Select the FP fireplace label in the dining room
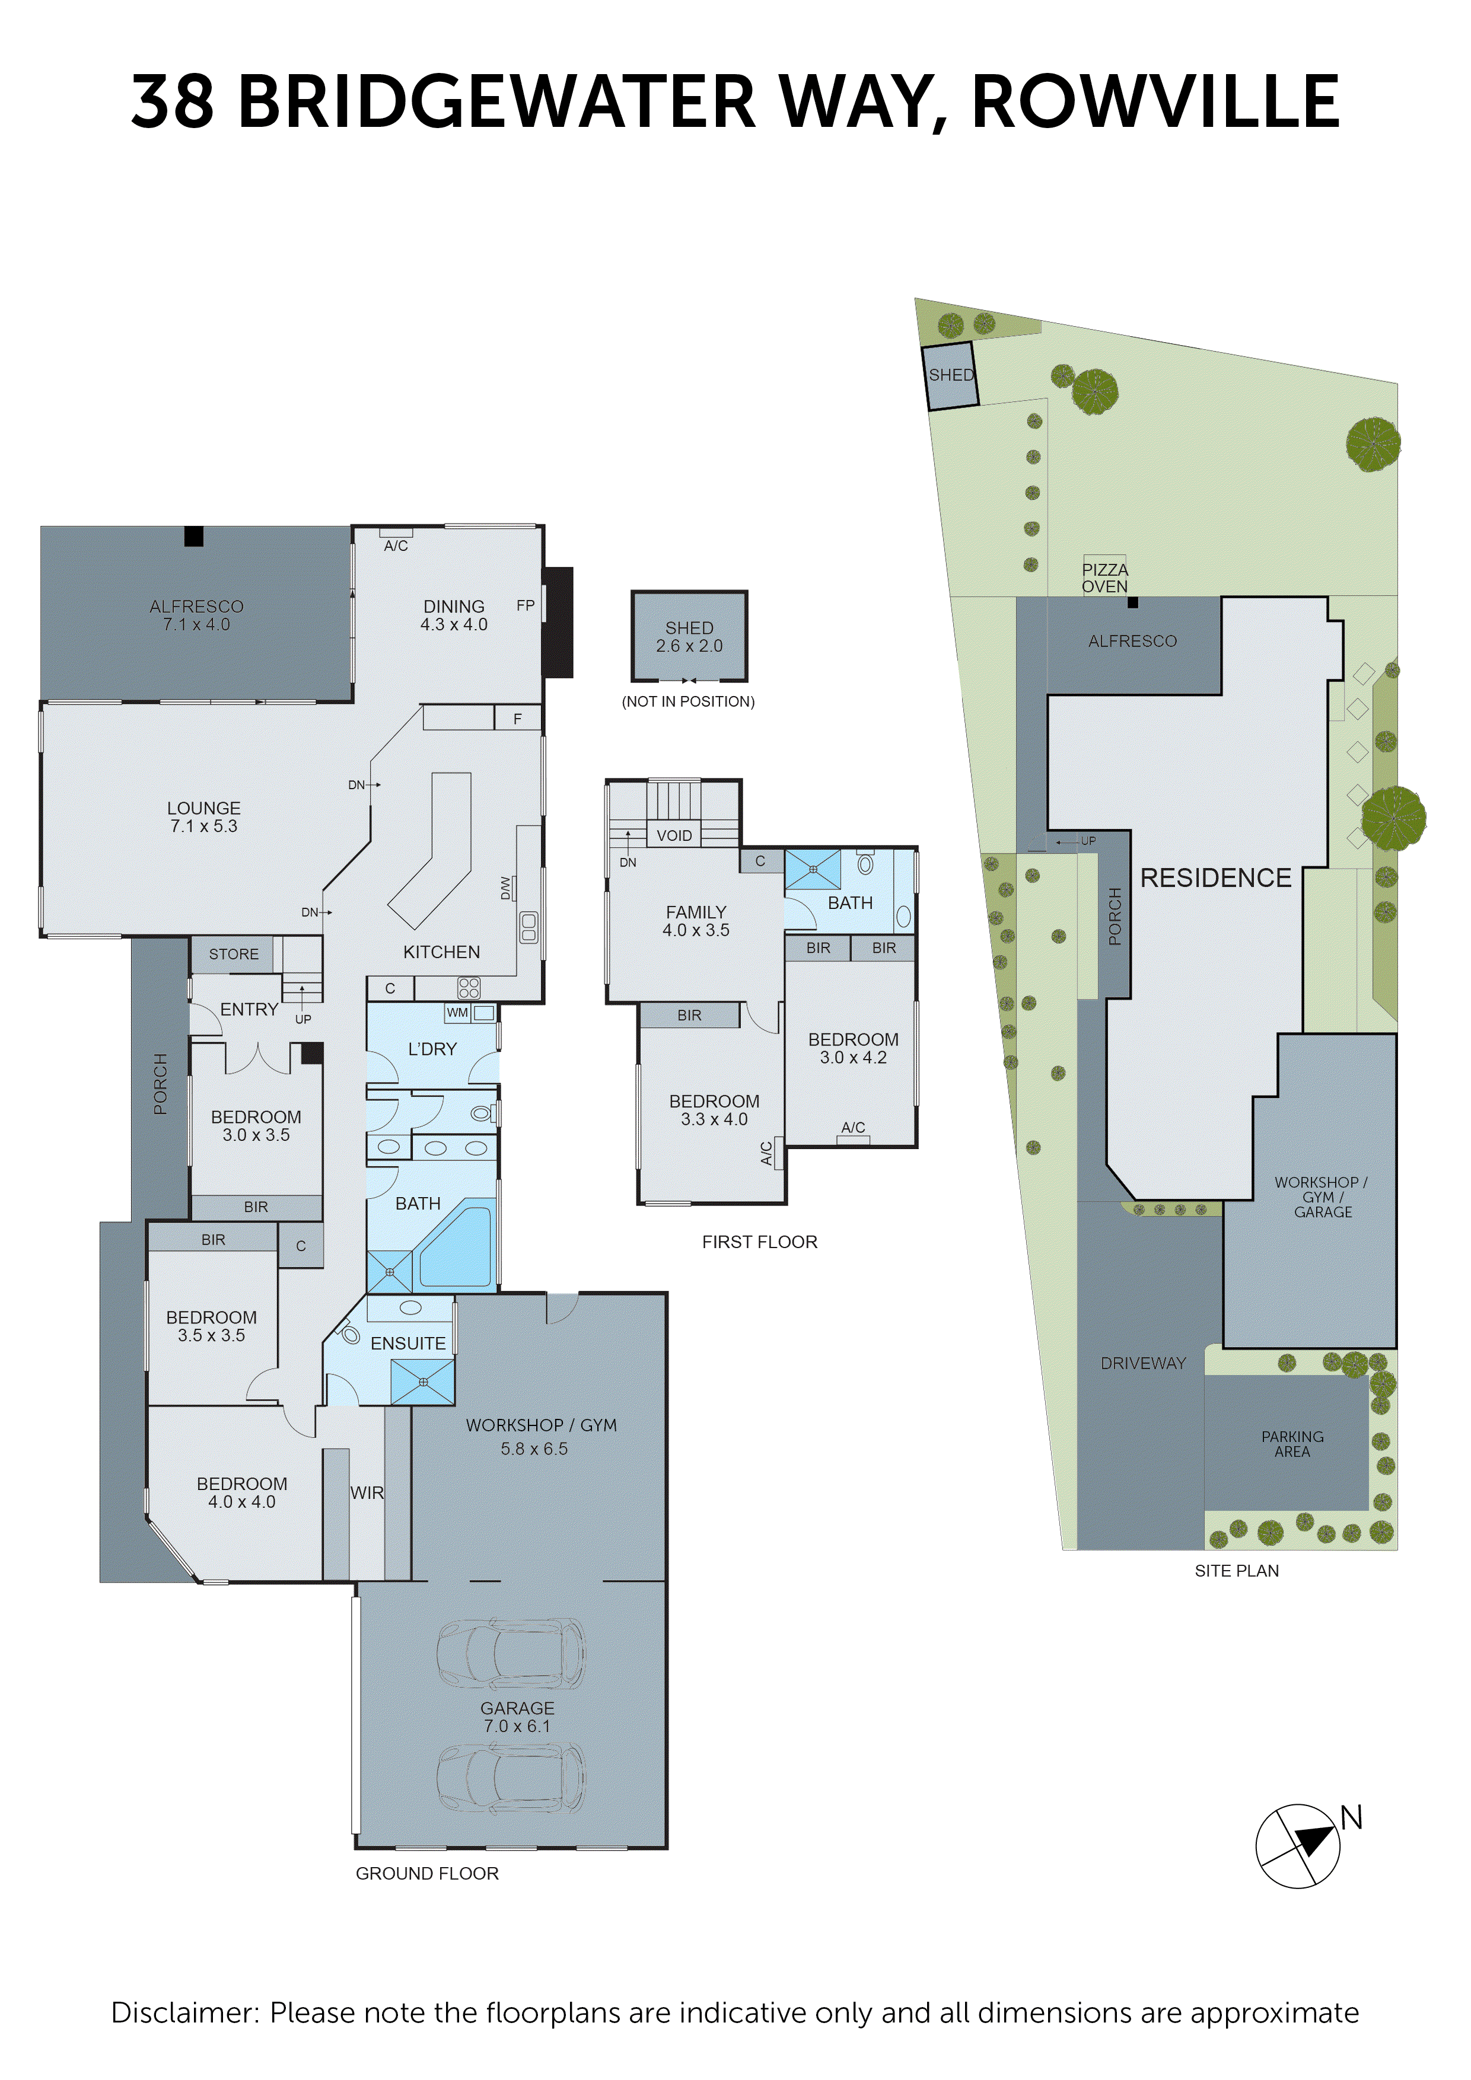point(526,605)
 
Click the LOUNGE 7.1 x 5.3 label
point(204,816)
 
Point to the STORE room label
point(234,954)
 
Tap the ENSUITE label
point(408,1344)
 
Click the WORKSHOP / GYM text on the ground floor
point(541,1425)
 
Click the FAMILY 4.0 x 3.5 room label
point(696,920)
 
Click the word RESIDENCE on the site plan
point(1215,878)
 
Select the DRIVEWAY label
point(1143,1363)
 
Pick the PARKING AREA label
point(1292,1444)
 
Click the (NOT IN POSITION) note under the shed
point(688,701)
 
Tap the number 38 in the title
point(172,101)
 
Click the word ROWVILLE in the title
point(1155,101)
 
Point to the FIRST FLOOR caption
point(759,1242)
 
